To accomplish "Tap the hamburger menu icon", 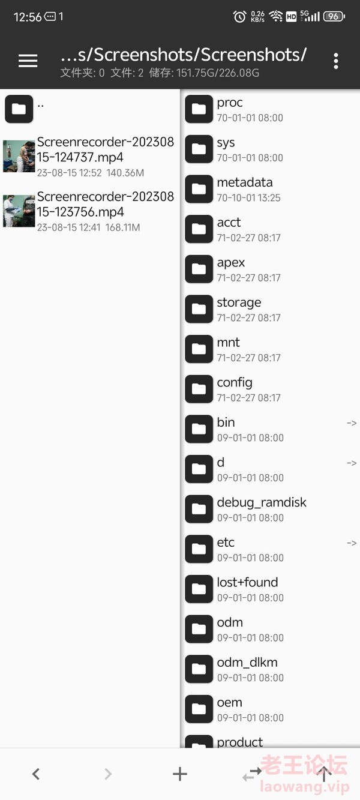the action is (28, 61).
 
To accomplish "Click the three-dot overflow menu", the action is (336, 61).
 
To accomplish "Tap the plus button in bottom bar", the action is (179, 774).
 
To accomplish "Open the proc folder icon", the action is (199, 109).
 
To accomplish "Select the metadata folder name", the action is (245, 182).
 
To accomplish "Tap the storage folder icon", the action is (199, 309).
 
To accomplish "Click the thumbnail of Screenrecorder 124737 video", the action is (19, 157).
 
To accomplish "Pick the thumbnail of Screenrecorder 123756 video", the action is (19, 211).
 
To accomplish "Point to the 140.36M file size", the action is (125, 173).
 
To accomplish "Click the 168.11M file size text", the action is (122, 227).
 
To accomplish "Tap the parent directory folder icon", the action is (19, 109).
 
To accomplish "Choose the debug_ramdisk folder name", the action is (262, 502).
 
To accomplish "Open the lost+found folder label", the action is (247, 583).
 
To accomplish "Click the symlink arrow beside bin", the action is (352, 423).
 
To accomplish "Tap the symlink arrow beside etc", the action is (352, 543).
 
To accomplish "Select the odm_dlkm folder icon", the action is (199, 669).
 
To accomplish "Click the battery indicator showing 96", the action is (334, 16).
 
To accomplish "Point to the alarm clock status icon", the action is (239, 16).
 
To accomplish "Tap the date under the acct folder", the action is (248, 238).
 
